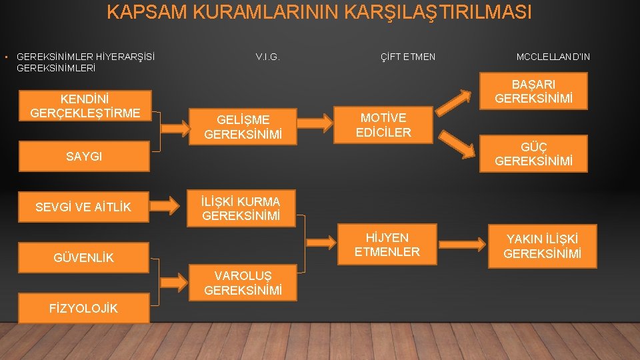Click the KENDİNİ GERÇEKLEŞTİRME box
85,105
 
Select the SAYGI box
84,157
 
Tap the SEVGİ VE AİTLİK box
84,207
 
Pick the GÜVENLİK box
84,257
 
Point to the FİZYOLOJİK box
84,308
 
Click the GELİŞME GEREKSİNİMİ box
243,127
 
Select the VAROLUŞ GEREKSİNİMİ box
243,283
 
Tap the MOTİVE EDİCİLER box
384,125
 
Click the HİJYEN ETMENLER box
387,245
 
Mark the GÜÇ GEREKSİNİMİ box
533,154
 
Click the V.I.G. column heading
267,57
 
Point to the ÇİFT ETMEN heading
407,57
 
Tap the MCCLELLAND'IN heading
553,57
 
